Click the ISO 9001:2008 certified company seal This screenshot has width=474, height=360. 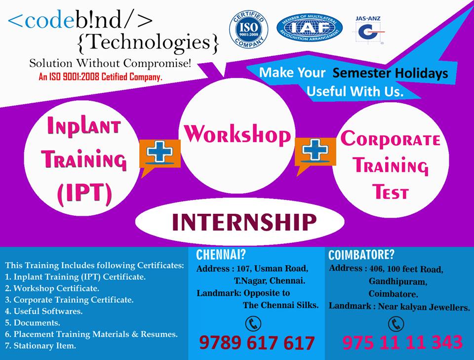(248, 29)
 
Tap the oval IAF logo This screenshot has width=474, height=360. (310, 28)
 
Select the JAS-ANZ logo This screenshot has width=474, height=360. (368, 30)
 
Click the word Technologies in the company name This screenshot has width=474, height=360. (148, 42)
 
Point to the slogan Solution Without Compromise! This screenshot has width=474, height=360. (110, 64)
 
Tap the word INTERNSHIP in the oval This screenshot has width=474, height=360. (244, 222)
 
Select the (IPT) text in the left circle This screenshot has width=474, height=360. (84, 194)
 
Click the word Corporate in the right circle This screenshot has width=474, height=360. (390, 139)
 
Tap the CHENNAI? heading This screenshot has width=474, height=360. (221, 255)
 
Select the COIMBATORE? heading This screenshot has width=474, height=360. (361, 255)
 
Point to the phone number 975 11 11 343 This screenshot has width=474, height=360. (402, 342)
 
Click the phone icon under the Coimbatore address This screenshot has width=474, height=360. (395, 324)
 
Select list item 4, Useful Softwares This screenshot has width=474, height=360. (44, 311)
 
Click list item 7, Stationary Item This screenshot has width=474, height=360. (40, 346)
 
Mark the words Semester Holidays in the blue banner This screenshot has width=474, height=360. (390, 74)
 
